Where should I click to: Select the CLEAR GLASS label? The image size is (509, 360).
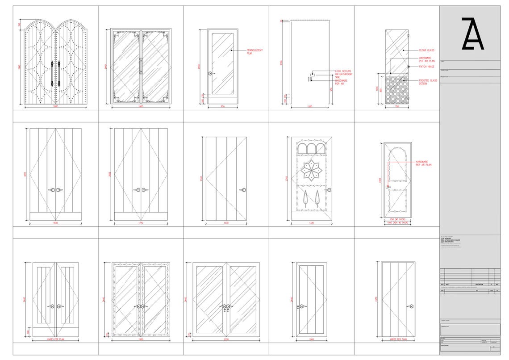pos(426,50)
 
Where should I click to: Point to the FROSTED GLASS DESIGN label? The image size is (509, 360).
pos(428,82)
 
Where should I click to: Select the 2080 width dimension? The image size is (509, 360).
pos(55,107)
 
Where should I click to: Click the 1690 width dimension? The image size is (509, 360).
pos(55,223)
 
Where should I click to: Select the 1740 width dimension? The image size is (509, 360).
pos(141,223)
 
